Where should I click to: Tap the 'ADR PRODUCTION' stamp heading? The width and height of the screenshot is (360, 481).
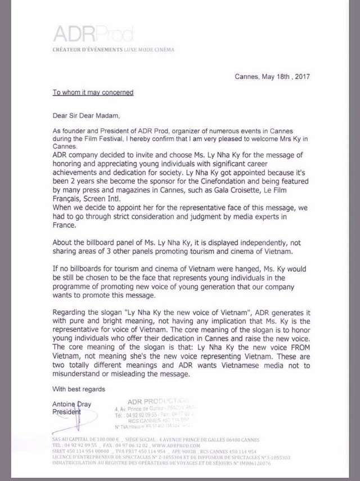[x=138, y=399]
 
